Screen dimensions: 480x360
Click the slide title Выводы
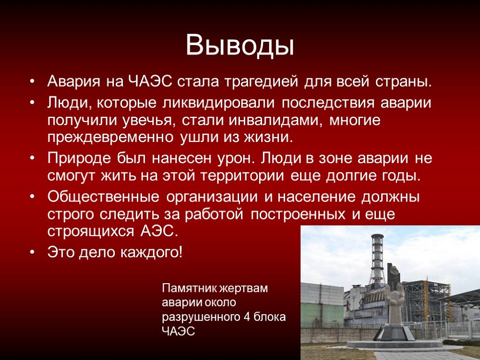240,45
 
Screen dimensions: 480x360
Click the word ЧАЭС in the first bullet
150,82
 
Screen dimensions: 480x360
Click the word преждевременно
110,137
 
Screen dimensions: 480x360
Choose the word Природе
79,158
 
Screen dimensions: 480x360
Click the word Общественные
103,197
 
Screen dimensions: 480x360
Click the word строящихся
91,231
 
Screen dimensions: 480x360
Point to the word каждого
152,252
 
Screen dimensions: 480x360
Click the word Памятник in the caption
189,288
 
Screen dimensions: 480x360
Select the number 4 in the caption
247,316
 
